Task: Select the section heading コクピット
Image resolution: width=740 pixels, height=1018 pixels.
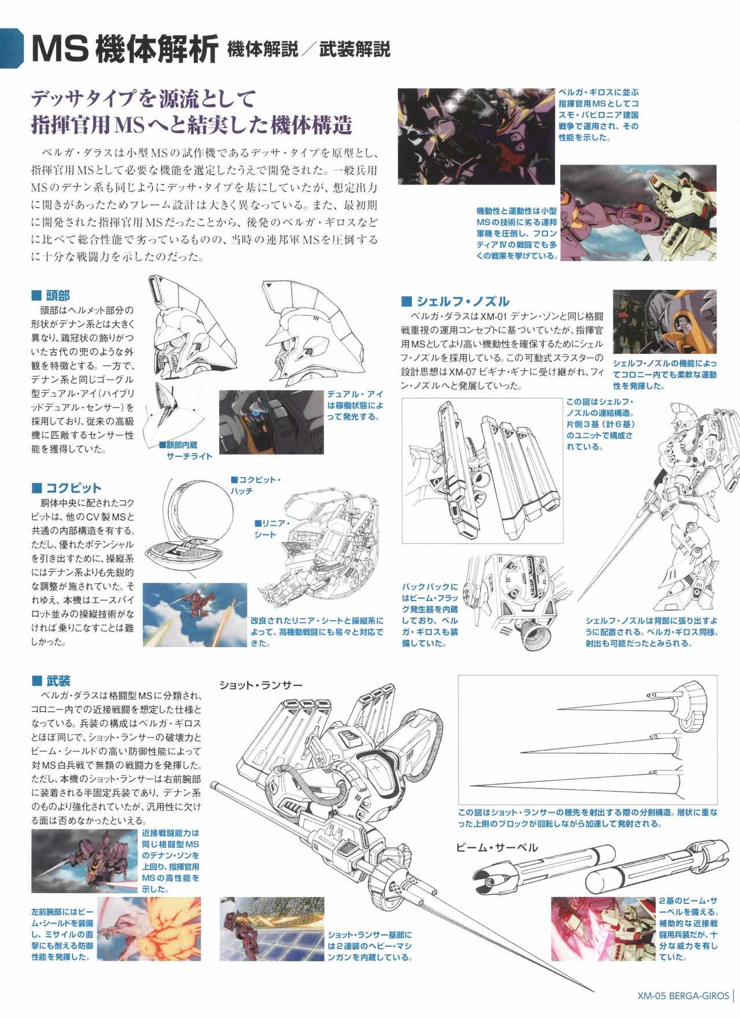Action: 73,488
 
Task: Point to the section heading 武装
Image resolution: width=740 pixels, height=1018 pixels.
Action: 58,681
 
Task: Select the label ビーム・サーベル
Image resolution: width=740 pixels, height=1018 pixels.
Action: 496,848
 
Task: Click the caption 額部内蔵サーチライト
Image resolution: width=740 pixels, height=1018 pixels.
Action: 186,451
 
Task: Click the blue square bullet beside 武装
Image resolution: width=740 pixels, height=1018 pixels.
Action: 36,681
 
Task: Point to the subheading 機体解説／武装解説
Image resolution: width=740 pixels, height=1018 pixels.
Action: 309,49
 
